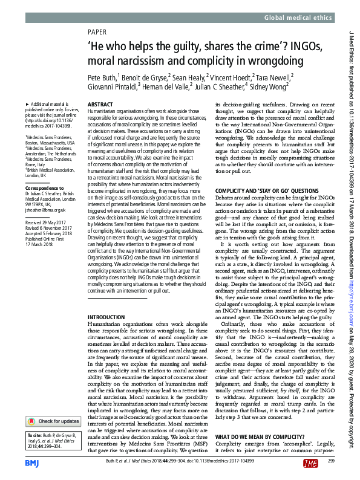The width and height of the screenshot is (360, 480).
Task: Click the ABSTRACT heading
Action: pyautogui.click(x=100, y=105)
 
